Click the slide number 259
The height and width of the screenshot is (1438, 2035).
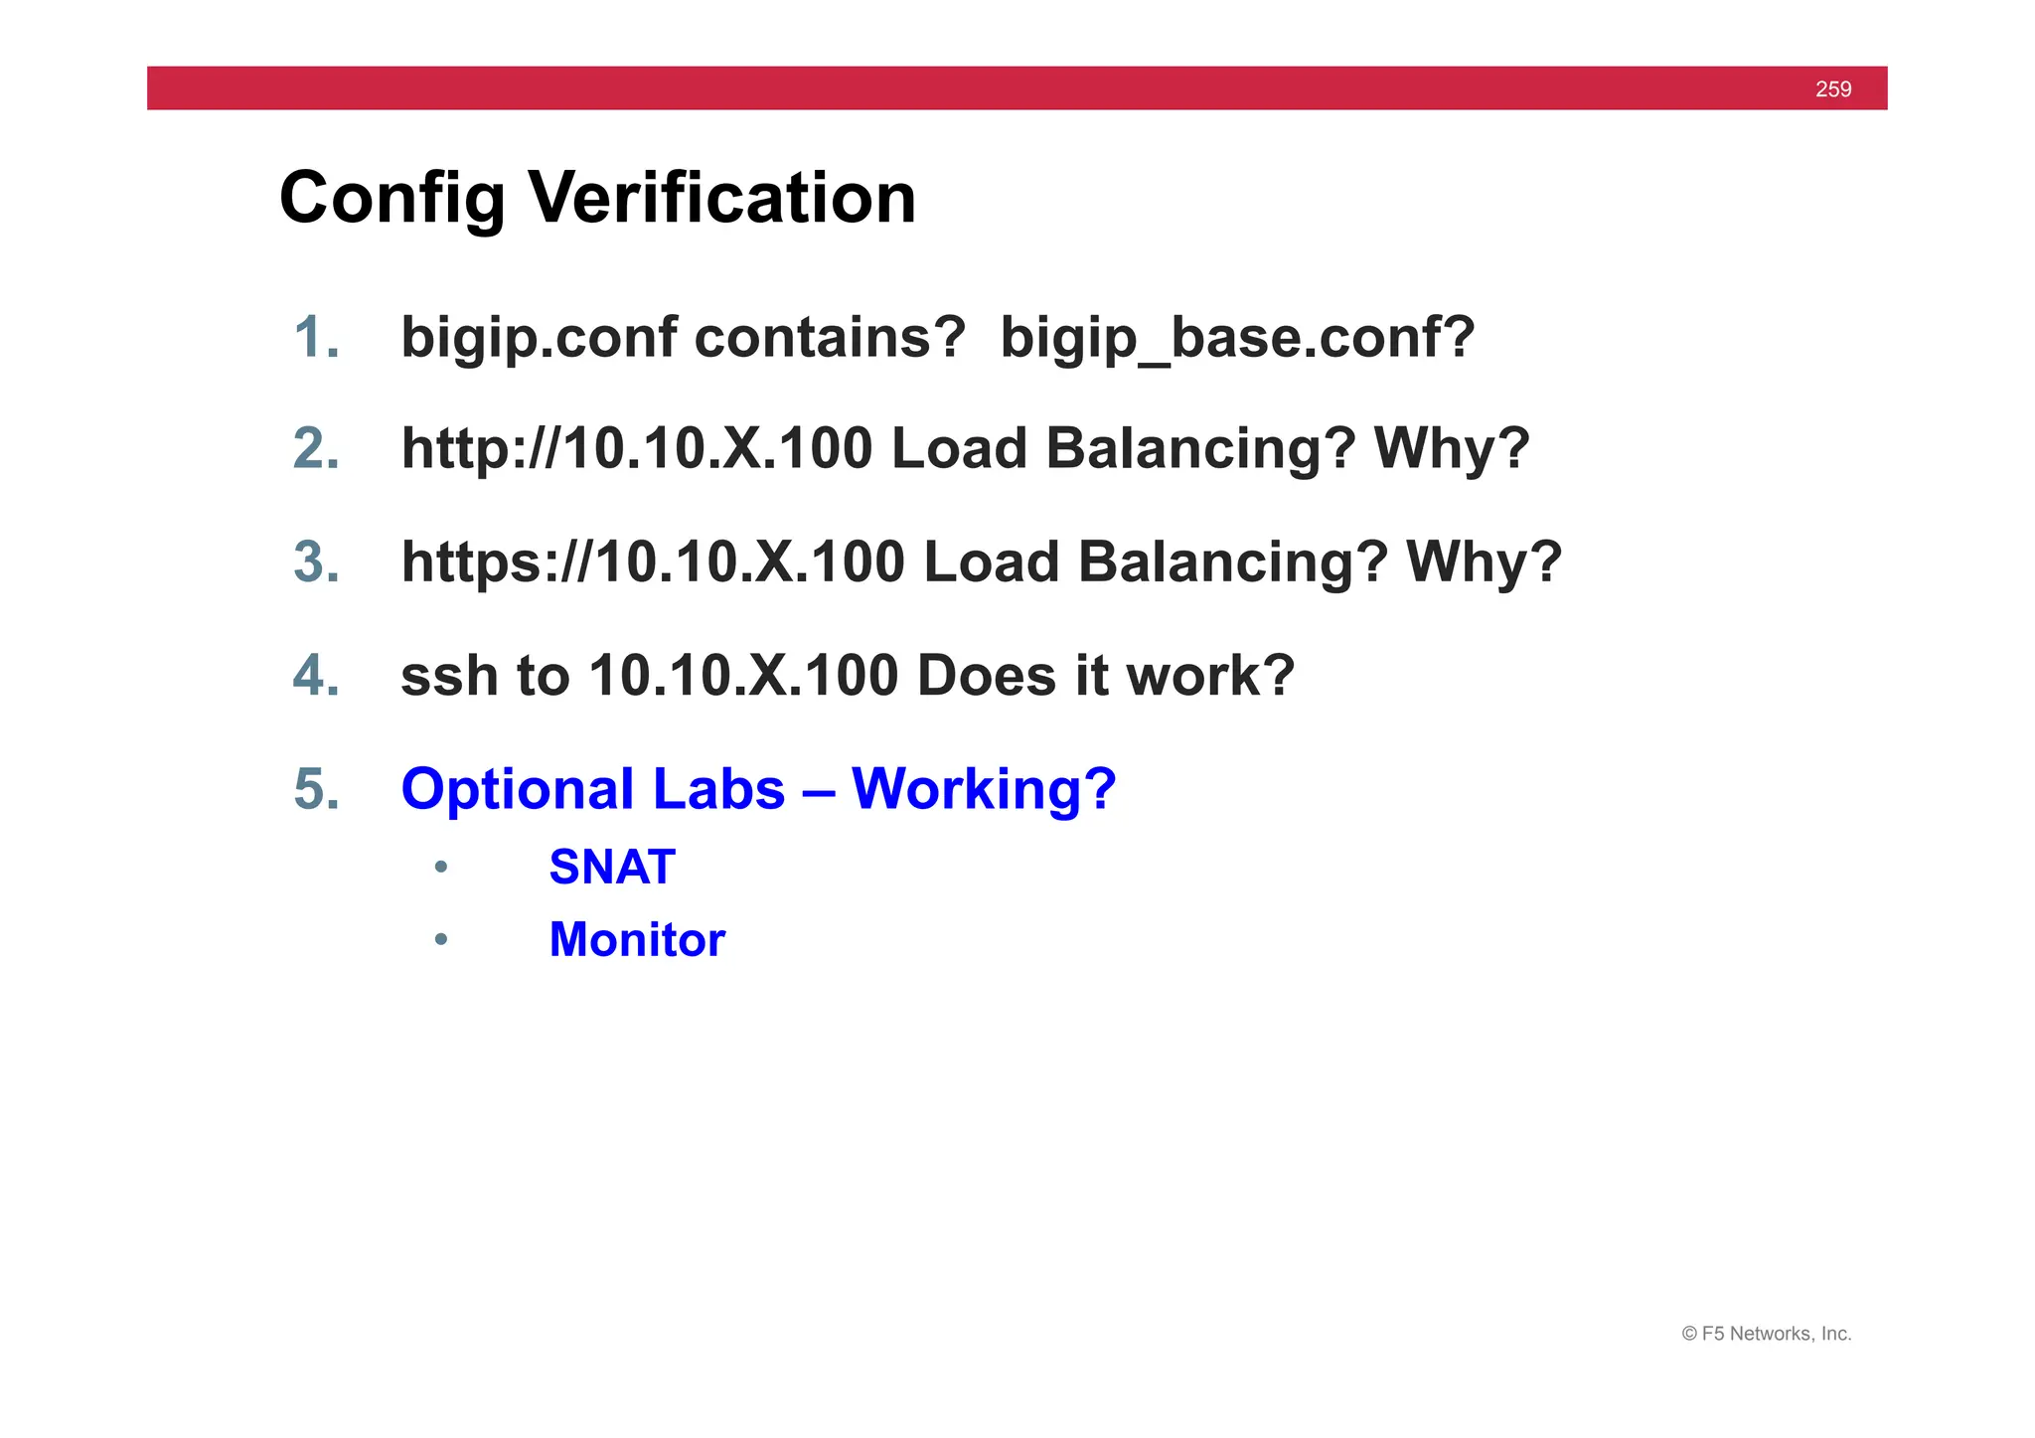click(x=1832, y=89)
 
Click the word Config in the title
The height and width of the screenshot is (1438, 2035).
click(x=391, y=200)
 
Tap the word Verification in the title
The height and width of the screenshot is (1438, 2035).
click(x=721, y=198)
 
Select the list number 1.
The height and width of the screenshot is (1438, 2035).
click(x=317, y=338)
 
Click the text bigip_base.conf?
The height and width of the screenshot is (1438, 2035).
click(x=1237, y=339)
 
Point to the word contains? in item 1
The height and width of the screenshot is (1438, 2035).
click(x=830, y=338)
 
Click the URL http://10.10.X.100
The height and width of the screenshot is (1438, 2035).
click(x=637, y=449)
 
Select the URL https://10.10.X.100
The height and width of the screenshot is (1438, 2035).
click(x=653, y=562)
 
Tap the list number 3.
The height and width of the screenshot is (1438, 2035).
click(x=317, y=562)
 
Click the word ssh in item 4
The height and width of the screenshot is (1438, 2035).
click(x=449, y=677)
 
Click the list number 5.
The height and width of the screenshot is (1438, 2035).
click(x=317, y=790)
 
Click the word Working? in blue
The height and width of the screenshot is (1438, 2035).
click(x=984, y=790)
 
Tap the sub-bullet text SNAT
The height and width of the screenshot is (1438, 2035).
click(x=612, y=868)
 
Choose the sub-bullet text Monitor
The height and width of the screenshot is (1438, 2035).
click(x=637, y=940)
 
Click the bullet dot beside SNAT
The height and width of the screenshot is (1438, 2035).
click(x=441, y=868)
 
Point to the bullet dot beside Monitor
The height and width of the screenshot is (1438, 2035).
click(x=441, y=940)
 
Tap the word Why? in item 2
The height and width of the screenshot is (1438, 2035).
click(x=1451, y=449)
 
